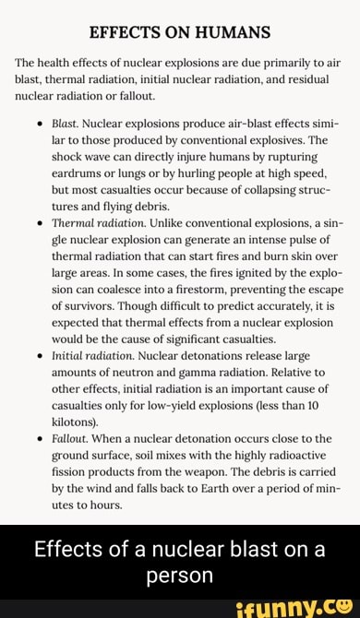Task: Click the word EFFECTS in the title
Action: pos(125,33)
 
